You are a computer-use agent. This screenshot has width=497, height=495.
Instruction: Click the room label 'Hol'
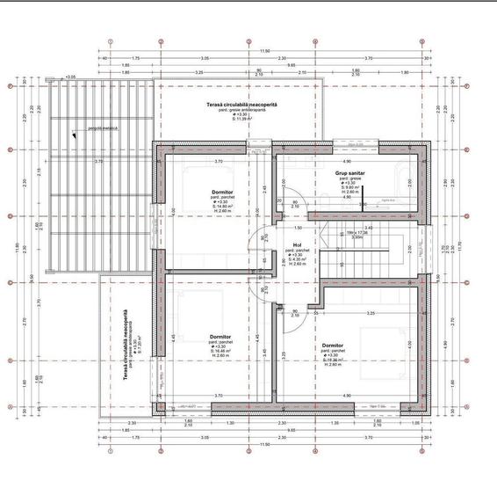pos(297,245)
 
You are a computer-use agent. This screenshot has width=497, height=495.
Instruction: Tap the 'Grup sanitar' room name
pos(349,174)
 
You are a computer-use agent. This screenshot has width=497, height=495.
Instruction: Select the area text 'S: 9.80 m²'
pos(350,187)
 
